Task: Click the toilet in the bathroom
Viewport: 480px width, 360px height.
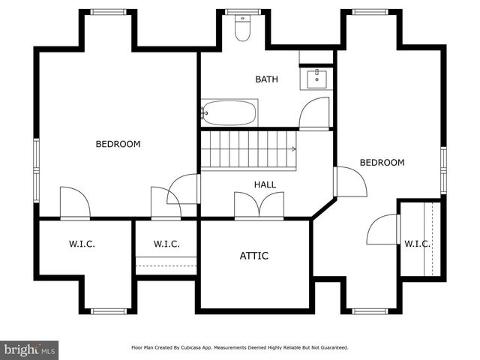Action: click(x=242, y=29)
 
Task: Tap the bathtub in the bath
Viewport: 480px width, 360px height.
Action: click(x=229, y=113)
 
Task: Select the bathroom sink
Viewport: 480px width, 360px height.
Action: click(x=316, y=77)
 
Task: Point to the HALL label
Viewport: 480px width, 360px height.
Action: click(x=265, y=184)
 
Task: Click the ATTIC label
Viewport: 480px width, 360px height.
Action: click(x=253, y=256)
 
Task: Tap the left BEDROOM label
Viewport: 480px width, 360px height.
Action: click(x=118, y=144)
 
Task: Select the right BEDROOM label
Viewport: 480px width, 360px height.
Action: click(x=382, y=163)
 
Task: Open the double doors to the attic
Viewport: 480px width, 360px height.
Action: click(x=259, y=205)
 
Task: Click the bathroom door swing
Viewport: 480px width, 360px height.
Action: click(x=313, y=115)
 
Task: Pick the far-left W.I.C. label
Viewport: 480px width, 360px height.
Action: click(x=82, y=244)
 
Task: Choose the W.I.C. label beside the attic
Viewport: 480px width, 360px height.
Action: click(x=166, y=244)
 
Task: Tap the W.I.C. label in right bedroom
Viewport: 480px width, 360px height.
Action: click(x=417, y=244)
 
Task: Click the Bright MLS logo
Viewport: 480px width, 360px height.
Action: click(x=30, y=349)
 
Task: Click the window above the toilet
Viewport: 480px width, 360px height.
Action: click(x=242, y=12)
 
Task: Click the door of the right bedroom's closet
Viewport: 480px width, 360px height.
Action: click(x=382, y=229)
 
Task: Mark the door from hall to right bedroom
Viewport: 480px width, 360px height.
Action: click(x=349, y=181)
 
